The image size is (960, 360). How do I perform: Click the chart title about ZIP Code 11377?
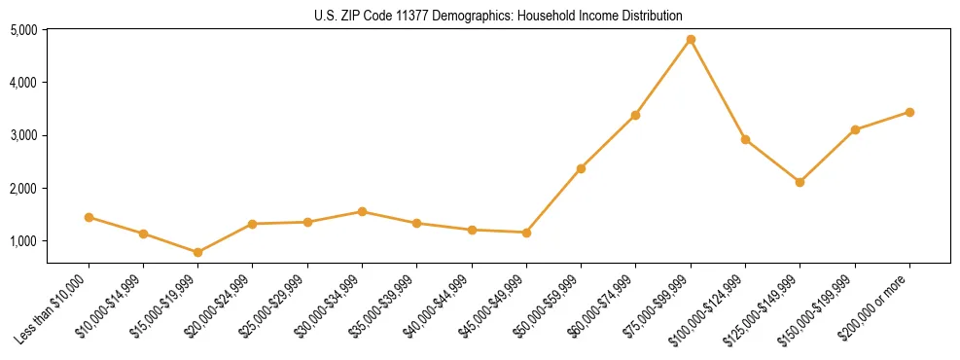498,16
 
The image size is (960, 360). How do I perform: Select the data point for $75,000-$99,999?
691,40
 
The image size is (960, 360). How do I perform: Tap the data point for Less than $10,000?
89,217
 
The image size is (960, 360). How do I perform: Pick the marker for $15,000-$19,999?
198,252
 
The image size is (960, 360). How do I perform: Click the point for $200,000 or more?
909,112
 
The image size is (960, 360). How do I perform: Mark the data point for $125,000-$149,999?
800,182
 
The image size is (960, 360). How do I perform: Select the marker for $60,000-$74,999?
635,115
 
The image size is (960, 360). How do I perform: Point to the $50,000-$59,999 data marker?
581,168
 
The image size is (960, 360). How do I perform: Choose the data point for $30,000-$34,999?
362,211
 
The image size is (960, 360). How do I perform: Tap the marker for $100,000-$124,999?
745,139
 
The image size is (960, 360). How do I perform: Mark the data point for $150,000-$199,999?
855,129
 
